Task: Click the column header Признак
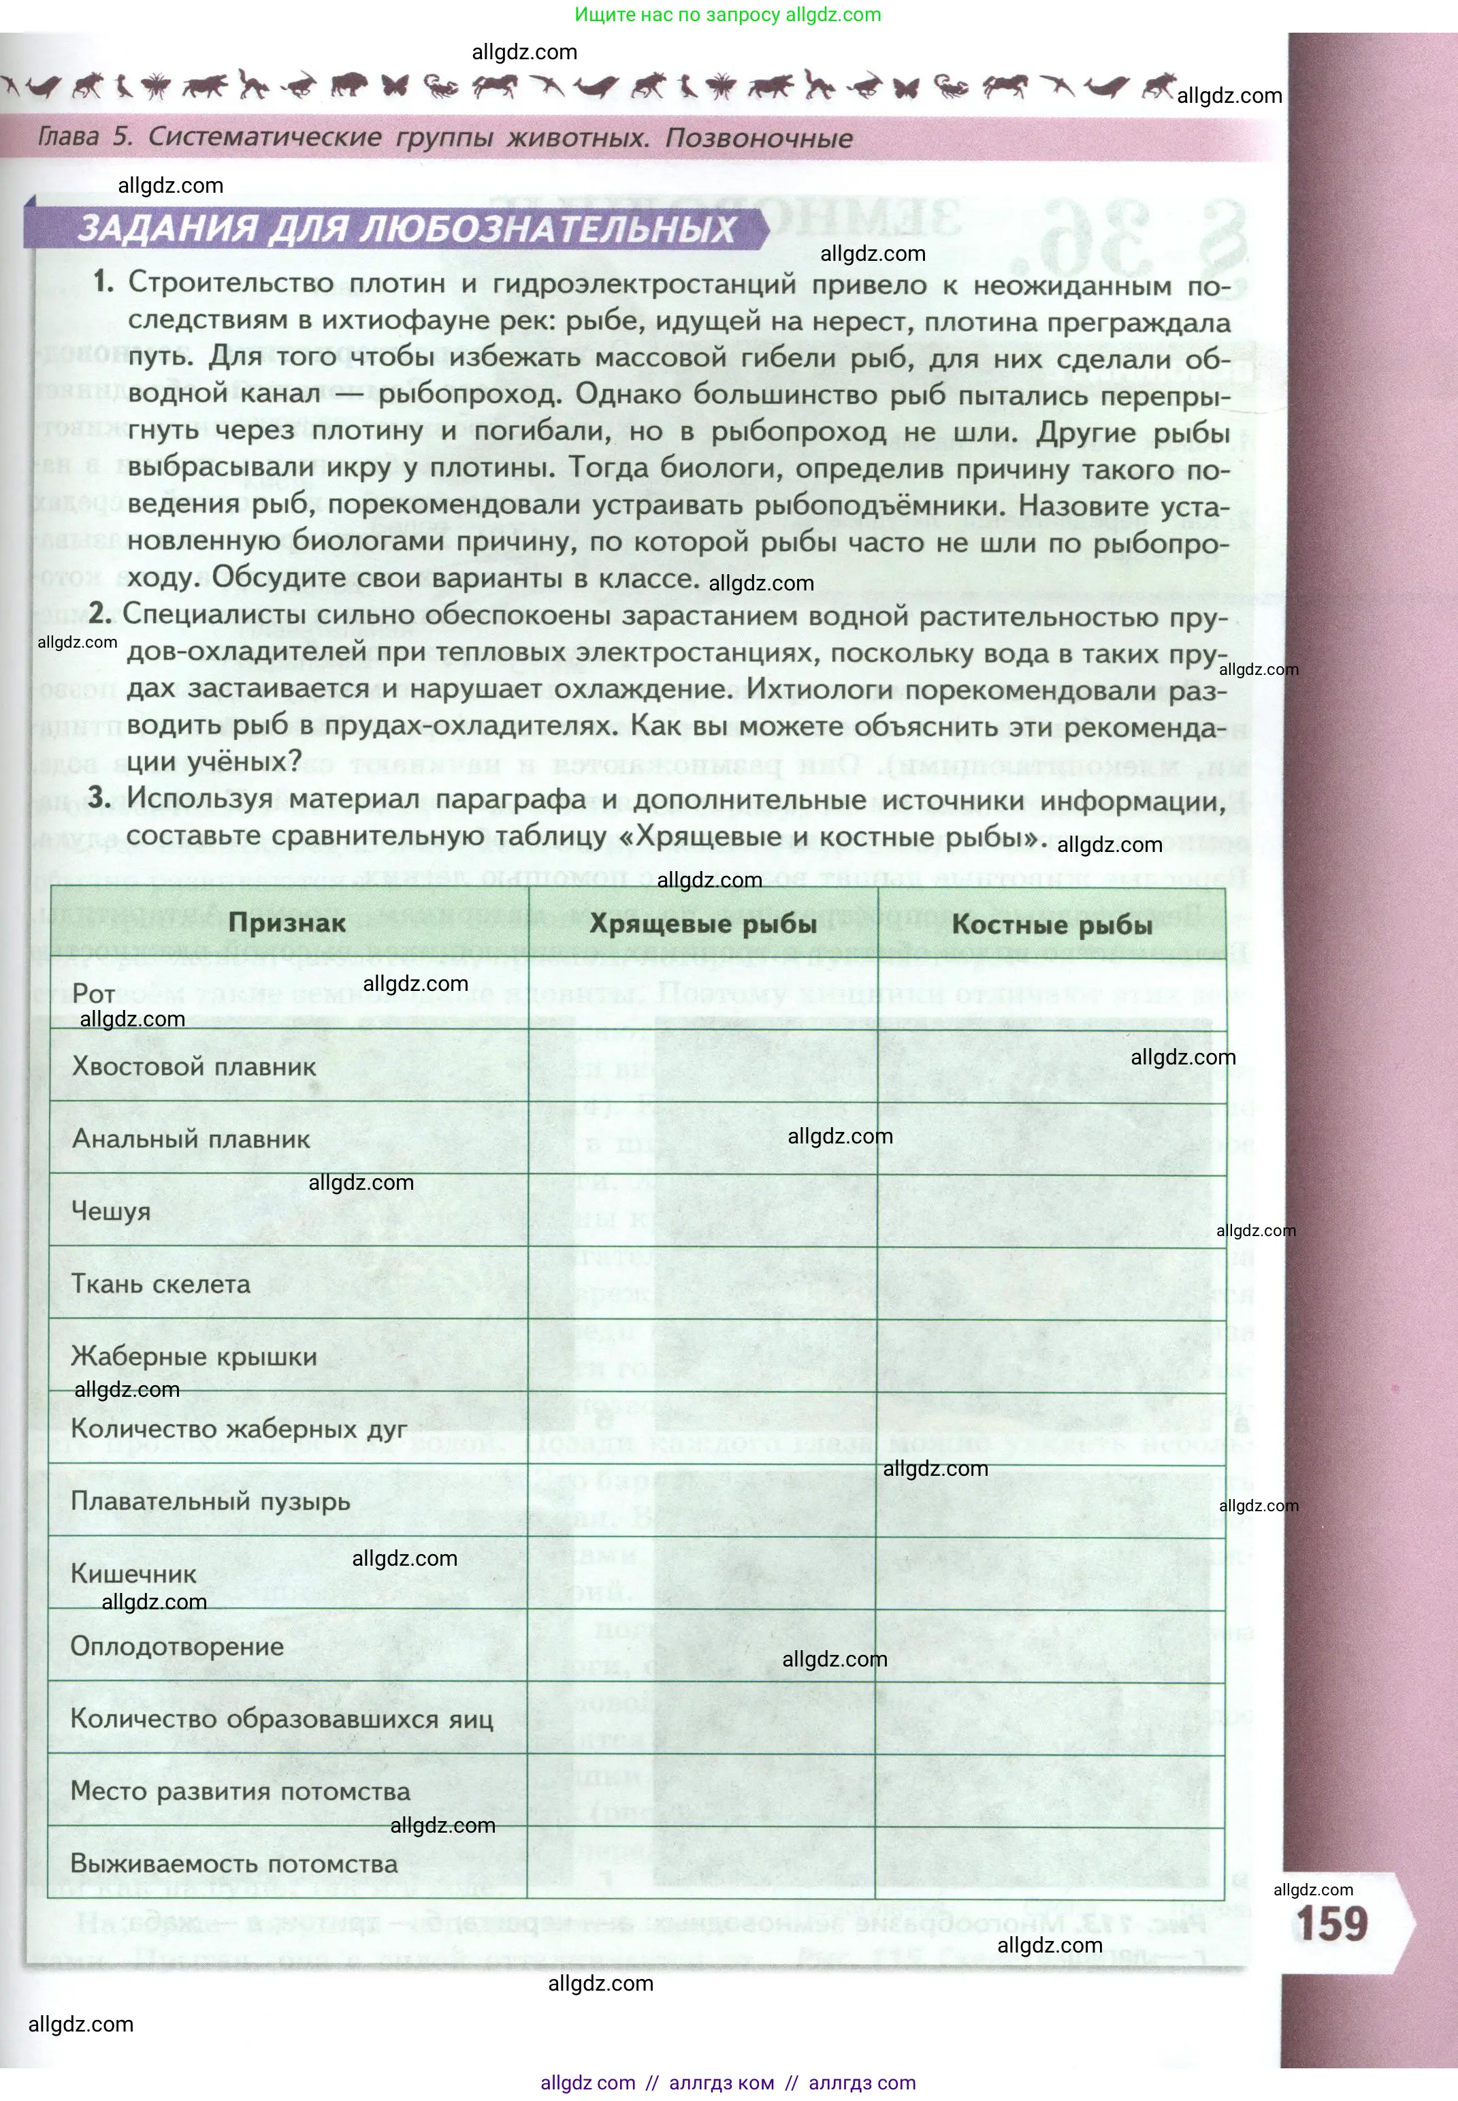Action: click(287, 923)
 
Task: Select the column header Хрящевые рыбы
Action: click(702, 925)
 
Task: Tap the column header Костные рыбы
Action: click(1052, 925)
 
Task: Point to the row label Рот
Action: click(93, 994)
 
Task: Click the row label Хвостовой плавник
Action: click(194, 1067)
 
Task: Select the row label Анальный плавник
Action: click(191, 1139)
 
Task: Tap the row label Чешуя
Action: click(110, 1212)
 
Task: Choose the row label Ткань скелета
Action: click(161, 1284)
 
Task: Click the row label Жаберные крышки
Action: click(194, 1356)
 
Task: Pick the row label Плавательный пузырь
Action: click(210, 1502)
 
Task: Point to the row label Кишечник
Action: click(133, 1574)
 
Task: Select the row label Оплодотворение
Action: click(177, 1647)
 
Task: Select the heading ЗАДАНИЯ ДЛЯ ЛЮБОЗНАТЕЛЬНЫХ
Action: click(406, 228)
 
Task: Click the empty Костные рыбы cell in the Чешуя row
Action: click(1052, 1211)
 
